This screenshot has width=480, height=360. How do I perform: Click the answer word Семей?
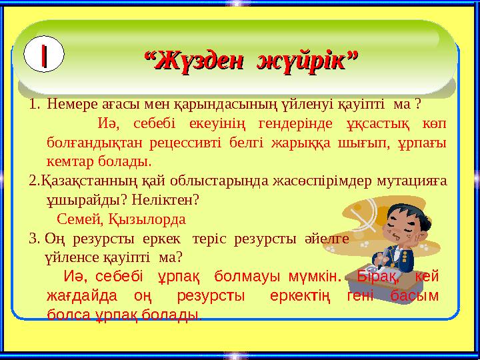tap(75, 218)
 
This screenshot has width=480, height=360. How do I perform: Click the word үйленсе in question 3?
tap(67, 256)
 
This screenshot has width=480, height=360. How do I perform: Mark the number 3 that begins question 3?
tap(33, 237)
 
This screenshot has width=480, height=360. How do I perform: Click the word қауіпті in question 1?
tap(362, 105)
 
